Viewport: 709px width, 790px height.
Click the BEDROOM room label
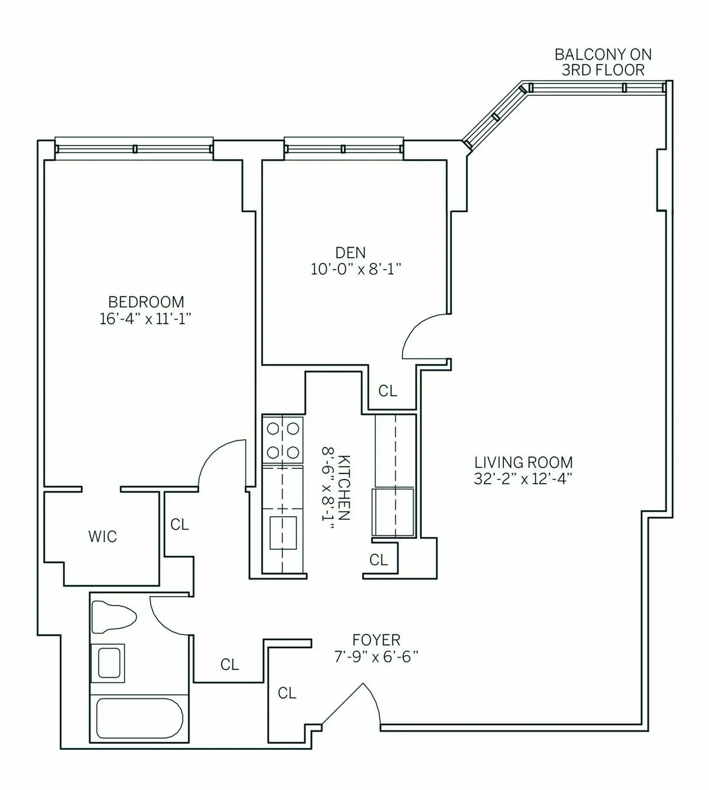tap(146, 302)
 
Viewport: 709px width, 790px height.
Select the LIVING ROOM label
tap(523, 462)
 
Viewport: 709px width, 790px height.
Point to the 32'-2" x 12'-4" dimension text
tap(523, 479)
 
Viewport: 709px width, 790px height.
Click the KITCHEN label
tap(345, 487)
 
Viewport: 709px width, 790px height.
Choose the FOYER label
tap(376, 640)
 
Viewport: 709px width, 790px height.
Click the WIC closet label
tap(103, 537)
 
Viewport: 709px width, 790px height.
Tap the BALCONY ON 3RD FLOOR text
tap(603, 62)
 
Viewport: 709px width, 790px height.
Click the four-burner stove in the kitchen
tap(282, 439)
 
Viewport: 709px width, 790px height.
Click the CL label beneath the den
tap(388, 391)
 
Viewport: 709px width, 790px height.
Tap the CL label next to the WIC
tap(180, 524)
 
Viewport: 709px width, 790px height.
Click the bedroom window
tap(134, 148)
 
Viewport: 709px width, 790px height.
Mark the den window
tap(344, 148)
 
